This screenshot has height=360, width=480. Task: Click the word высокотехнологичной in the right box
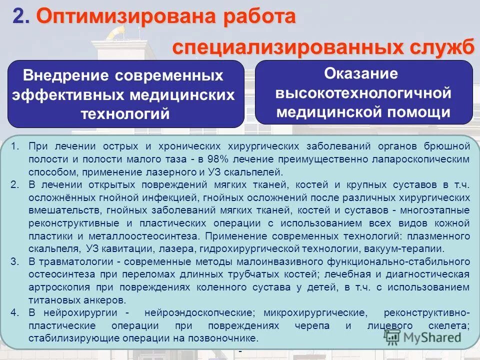[x=363, y=93]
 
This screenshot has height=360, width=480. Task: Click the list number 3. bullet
[x=14, y=261]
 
